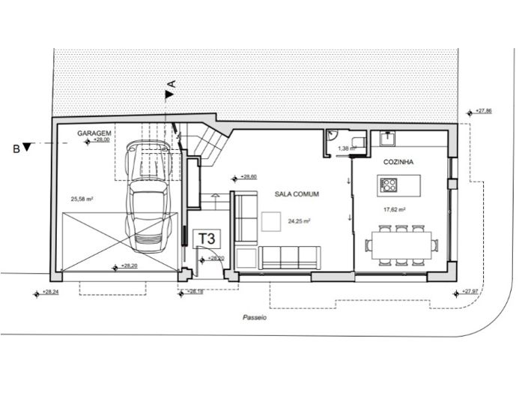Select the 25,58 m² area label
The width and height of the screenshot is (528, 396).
(x=82, y=199)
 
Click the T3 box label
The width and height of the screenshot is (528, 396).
(x=207, y=238)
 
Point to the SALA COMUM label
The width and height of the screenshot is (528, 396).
(x=297, y=194)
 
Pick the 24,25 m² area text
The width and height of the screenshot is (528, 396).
(x=299, y=221)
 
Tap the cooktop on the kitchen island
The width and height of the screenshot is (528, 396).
(x=389, y=183)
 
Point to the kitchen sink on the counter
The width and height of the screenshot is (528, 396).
(x=389, y=137)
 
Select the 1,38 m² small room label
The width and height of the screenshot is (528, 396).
(x=345, y=148)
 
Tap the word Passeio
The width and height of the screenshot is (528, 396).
(x=255, y=318)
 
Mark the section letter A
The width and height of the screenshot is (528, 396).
(x=171, y=85)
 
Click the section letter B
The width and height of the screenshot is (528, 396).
(x=16, y=148)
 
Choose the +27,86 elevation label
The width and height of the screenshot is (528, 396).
(x=483, y=111)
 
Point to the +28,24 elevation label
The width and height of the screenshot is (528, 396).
(x=49, y=292)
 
